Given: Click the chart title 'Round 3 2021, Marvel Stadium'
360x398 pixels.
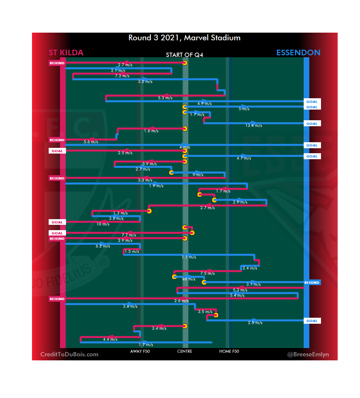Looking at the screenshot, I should (x=184, y=38).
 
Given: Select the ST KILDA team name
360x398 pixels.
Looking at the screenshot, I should (x=66, y=53).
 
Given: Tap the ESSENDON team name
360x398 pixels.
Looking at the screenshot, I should (x=298, y=53).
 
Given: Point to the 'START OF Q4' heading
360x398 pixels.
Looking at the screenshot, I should (x=184, y=55).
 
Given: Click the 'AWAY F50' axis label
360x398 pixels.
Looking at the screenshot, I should (x=140, y=351).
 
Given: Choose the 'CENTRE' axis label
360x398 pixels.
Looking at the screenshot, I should (x=185, y=351).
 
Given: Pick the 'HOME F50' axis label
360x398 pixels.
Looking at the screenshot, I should (x=229, y=351).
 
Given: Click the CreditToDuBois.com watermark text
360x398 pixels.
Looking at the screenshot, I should (x=69, y=354).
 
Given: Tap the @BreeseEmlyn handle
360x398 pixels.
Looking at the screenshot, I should (x=308, y=354).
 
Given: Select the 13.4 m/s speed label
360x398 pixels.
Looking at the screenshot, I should (x=254, y=126).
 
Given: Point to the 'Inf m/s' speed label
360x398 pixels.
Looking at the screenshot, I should (x=189, y=279).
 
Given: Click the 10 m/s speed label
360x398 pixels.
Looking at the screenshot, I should (x=103, y=224).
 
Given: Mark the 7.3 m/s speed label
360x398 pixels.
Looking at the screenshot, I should (x=122, y=76).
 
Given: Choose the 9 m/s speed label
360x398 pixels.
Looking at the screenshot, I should (x=198, y=175).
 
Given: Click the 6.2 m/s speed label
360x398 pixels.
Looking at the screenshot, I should (x=103, y=246).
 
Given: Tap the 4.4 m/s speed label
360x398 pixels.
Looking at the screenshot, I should (x=110, y=339).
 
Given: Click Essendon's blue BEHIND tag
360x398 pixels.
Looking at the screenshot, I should (x=312, y=282).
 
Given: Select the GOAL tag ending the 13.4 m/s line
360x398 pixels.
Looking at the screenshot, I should (x=312, y=124).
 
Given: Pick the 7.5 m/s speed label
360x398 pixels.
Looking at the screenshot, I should (x=207, y=273).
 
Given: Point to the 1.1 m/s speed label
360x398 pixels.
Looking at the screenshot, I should (x=189, y=257).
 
